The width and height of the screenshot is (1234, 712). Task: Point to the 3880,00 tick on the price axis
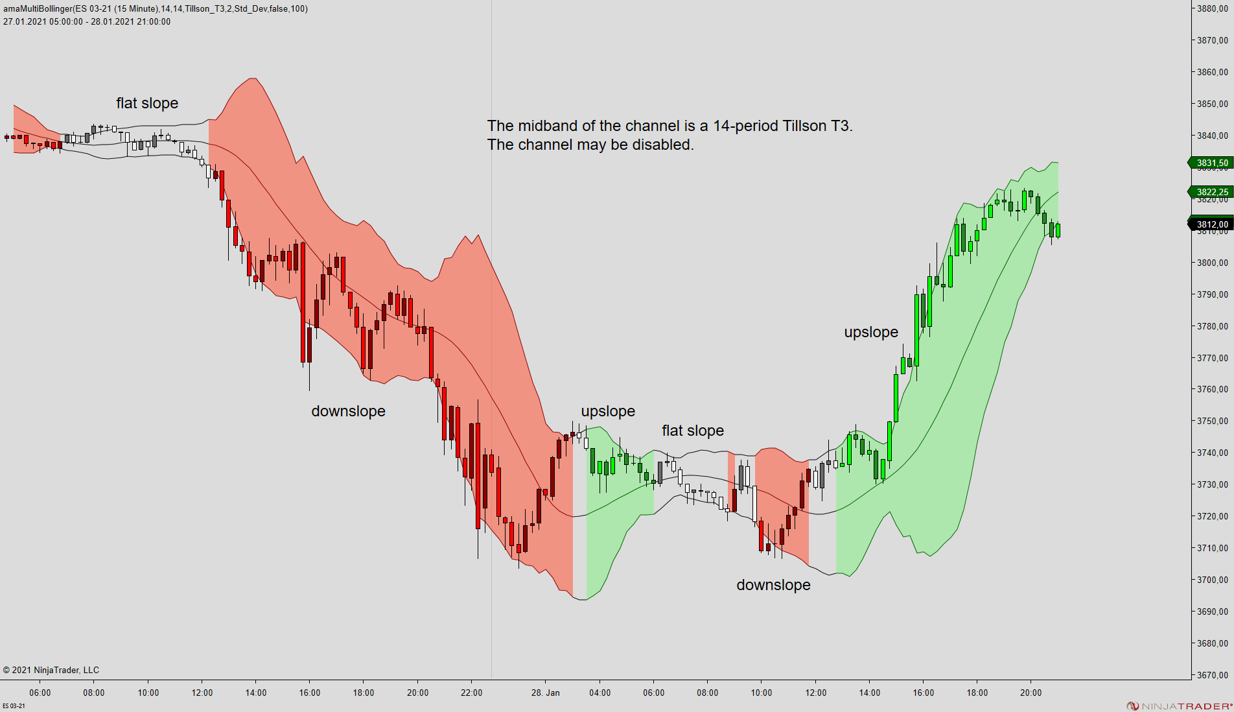tap(1212, 8)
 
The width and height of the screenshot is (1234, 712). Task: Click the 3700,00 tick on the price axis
tap(1212, 580)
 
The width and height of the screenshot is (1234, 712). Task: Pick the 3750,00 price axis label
tap(1212, 421)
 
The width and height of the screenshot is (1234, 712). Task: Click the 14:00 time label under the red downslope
tap(256, 693)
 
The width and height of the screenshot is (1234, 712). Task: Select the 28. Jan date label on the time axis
tap(545, 693)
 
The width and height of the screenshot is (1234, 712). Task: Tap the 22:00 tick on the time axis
tap(472, 693)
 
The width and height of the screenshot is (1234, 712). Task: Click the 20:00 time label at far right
tap(1030, 693)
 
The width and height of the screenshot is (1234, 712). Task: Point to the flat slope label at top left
tap(147, 103)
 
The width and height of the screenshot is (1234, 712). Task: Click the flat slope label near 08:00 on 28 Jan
tap(692, 431)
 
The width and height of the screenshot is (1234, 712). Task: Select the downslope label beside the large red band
tap(348, 411)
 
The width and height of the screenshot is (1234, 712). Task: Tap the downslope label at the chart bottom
tap(773, 585)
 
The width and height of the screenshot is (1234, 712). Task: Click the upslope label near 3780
tap(871, 332)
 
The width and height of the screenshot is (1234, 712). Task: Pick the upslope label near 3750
tap(608, 411)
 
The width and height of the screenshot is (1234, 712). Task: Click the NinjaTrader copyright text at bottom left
tap(51, 670)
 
